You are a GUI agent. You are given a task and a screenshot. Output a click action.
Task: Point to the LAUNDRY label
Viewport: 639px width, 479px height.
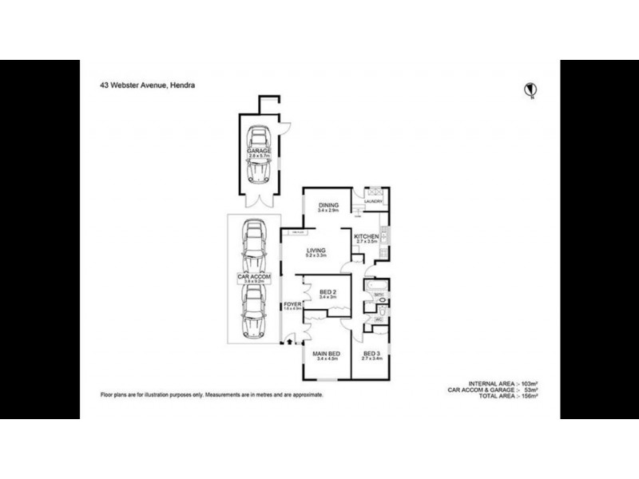(x=374, y=202)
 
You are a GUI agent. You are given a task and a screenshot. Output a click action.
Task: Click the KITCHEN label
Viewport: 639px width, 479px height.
(x=367, y=236)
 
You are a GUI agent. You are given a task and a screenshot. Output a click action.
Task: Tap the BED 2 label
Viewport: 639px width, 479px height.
(x=325, y=293)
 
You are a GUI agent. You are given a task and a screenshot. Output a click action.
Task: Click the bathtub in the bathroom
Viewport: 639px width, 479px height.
(x=376, y=285)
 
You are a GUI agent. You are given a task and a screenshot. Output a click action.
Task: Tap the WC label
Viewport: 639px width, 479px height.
(x=378, y=320)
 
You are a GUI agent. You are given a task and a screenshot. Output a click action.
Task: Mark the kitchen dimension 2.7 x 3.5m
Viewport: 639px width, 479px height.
(x=367, y=242)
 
